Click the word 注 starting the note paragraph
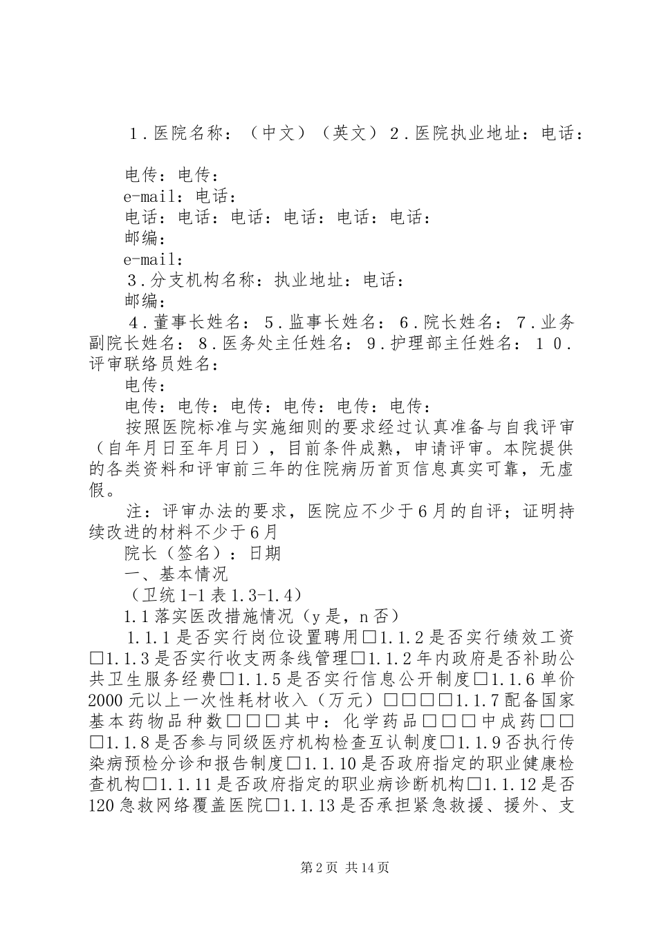134,512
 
